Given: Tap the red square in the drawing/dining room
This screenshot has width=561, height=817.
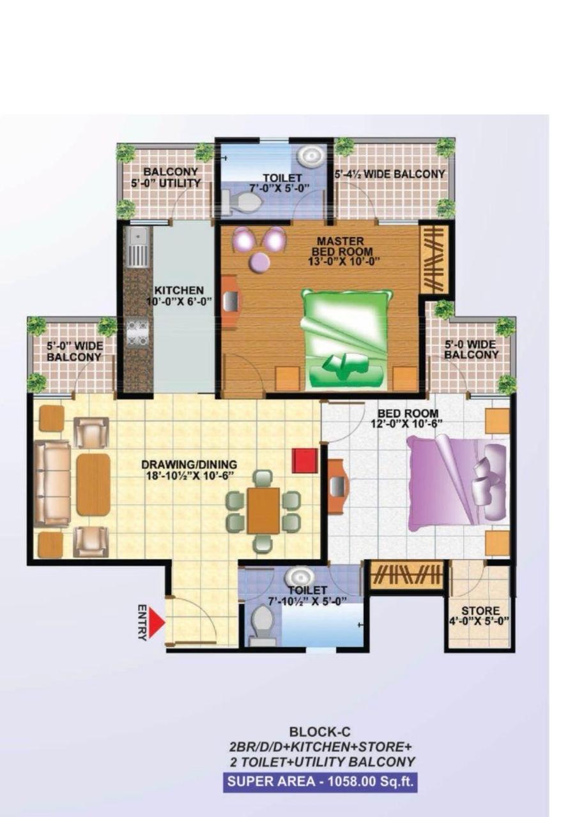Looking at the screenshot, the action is tap(305, 461).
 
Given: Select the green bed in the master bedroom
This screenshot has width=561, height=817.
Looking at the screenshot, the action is tap(346, 339).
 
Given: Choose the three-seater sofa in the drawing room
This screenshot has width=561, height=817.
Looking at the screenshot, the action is tap(52, 483).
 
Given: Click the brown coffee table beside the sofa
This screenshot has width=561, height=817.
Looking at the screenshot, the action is tap(93, 484).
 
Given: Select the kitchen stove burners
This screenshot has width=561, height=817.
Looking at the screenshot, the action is tap(137, 333).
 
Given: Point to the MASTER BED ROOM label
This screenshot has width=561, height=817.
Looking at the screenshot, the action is tap(341, 246).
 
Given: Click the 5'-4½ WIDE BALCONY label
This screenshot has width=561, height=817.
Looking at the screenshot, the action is tap(390, 174).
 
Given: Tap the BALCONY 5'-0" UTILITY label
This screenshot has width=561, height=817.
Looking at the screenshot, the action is tap(166, 177).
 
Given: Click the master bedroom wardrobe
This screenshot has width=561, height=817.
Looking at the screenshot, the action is tap(434, 259).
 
